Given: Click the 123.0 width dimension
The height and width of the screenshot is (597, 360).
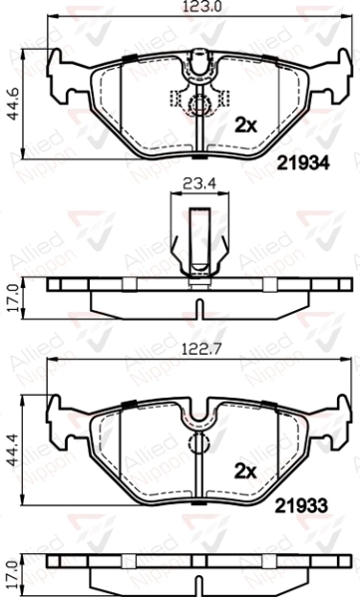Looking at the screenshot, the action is [201, 6].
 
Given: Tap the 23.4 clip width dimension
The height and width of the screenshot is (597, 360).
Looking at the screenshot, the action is [199, 184].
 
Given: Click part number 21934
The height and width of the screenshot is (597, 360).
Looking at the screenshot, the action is [303, 163].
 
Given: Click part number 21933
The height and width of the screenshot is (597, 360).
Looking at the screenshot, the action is [302, 506].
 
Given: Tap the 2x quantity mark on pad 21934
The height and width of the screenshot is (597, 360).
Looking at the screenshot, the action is [245, 126].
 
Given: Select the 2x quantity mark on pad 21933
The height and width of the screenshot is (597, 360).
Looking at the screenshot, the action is [245, 471].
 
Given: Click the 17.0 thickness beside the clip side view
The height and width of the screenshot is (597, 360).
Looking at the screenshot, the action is [14, 298].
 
